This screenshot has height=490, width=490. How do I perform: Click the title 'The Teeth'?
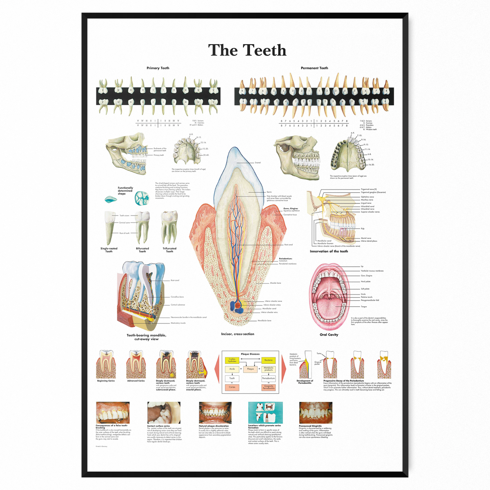(x=247, y=50)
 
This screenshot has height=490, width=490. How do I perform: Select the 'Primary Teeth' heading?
(x=158, y=68)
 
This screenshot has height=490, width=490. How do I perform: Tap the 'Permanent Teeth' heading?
(x=314, y=68)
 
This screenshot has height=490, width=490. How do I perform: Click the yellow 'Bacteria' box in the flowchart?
(x=268, y=360)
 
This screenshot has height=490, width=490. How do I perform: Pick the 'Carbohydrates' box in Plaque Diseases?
(x=232, y=360)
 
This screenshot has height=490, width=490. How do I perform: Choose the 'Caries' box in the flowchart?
(x=232, y=387)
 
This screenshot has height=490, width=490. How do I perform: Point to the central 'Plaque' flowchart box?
(x=250, y=369)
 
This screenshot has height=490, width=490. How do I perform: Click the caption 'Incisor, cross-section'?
(x=238, y=334)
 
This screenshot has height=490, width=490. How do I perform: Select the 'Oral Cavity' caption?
(x=329, y=334)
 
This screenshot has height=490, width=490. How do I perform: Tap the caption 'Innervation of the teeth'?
(x=329, y=252)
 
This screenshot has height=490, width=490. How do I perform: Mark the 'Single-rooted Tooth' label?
(x=109, y=250)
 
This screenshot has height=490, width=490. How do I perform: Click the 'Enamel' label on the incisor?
(x=258, y=163)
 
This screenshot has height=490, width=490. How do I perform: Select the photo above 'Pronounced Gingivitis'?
(x=315, y=412)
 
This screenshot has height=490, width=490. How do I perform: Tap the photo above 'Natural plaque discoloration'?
(x=215, y=412)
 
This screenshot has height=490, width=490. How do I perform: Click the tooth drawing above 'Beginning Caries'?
(x=106, y=364)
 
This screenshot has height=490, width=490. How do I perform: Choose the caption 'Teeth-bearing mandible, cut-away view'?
(x=146, y=337)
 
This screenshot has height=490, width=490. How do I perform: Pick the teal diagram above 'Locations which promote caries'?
(x=265, y=412)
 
